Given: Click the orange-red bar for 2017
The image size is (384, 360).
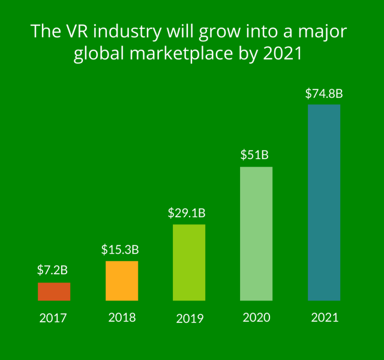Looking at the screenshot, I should tap(54, 291).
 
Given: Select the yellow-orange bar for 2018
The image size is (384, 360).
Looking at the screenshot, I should tap(122, 280).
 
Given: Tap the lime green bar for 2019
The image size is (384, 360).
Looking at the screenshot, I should tap(189, 262).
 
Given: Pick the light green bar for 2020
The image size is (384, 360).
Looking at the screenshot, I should tap(256, 233).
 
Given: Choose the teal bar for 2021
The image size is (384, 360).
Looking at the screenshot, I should tap(324, 202).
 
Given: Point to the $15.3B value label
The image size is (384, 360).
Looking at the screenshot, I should tap(120, 248).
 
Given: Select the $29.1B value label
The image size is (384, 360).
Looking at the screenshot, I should tap(187, 212).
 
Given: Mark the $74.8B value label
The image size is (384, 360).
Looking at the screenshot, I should tap(324, 93).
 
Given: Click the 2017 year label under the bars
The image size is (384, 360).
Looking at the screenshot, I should tap(54, 318).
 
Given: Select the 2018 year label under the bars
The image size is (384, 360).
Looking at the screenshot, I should tap(122, 317).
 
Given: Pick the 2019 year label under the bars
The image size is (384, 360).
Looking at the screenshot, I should tap(190, 319).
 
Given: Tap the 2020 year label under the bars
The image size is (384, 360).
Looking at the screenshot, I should tap(256, 317).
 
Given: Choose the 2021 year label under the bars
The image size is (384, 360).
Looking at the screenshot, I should tap(325, 317).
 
